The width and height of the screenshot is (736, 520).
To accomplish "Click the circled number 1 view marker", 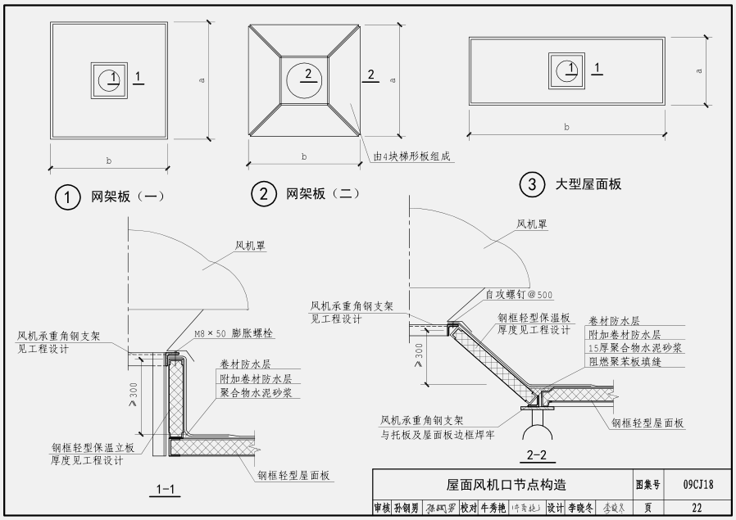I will (66, 197).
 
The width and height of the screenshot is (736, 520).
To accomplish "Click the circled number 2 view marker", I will (264, 194).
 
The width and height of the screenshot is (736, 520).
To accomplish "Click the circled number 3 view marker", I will (533, 185).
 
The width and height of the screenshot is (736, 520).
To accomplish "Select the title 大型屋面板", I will (588, 184).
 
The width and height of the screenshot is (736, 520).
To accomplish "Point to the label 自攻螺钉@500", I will (519, 295).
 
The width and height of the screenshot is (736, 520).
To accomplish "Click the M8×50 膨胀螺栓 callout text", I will (234, 335).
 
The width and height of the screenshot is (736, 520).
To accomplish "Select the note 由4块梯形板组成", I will (413, 156).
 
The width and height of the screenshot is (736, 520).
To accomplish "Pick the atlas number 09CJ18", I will (697, 485).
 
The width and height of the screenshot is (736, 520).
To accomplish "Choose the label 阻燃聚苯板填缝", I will (625, 361).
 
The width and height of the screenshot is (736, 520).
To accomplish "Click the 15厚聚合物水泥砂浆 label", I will (635, 348).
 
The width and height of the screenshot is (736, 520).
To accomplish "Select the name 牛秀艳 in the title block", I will (493, 509).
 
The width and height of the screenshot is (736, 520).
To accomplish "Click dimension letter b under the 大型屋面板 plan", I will (566, 127).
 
